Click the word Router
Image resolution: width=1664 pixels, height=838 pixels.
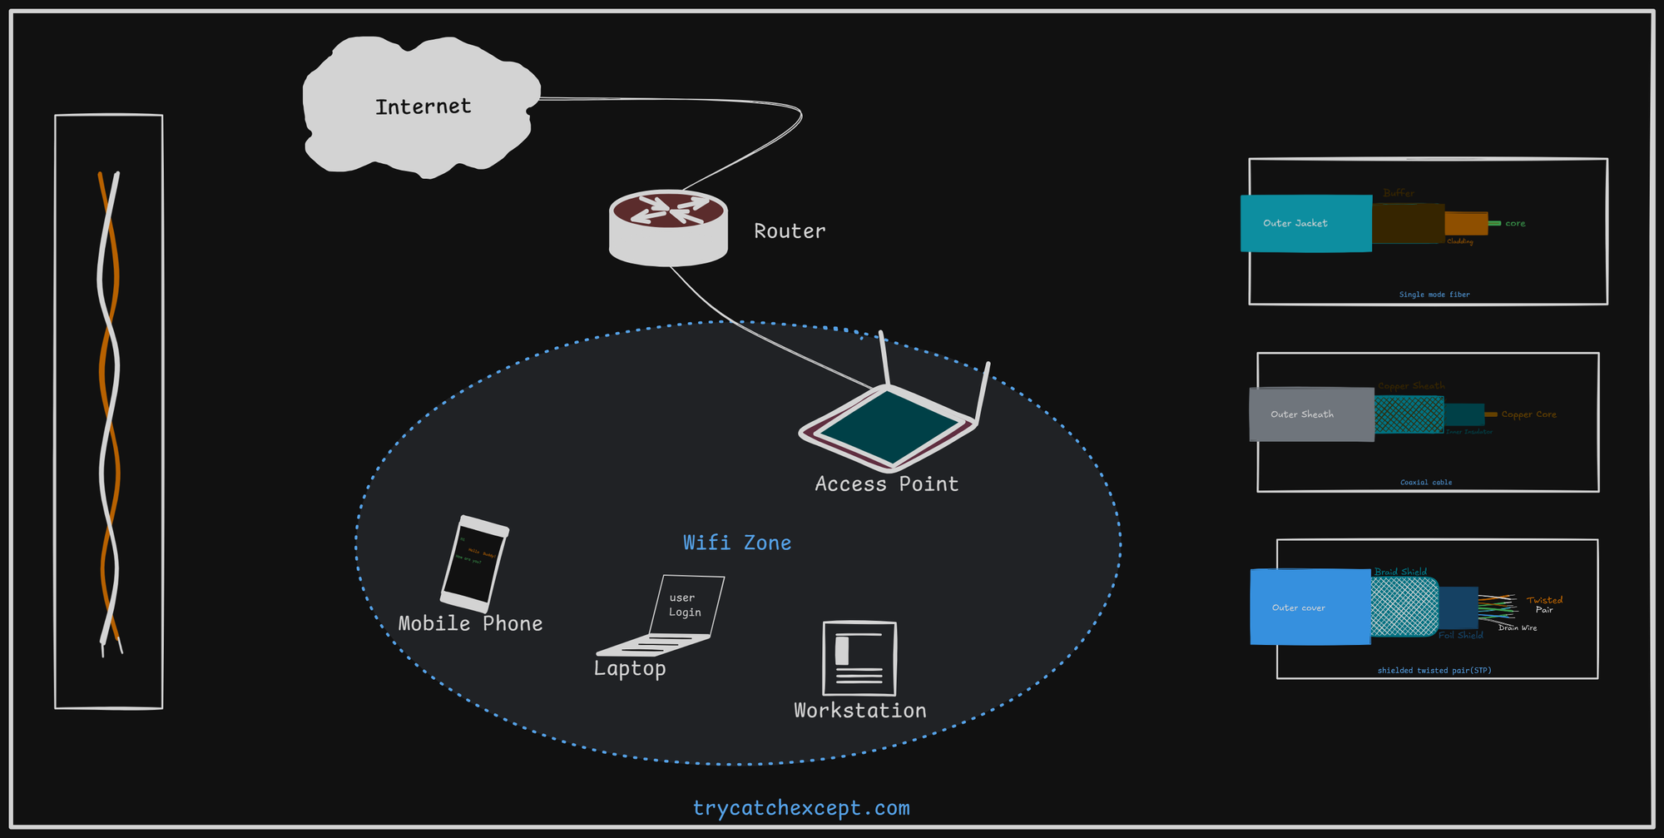tap(790, 231)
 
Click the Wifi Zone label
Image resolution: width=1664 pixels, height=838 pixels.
tap(737, 543)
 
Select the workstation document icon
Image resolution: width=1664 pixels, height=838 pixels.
tap(859, 658)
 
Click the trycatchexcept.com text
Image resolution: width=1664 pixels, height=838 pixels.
tap(801, 808)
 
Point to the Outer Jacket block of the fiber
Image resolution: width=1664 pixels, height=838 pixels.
tap(1305, 223)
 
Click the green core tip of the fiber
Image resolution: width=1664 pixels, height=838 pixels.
tap(1494, 223)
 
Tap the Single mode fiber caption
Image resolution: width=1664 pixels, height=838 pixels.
tap(1434, 295)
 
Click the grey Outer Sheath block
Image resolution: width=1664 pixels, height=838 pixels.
tap(1310, 414)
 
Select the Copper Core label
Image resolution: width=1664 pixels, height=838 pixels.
tap(1528, 414)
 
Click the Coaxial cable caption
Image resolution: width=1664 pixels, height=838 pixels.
tap(1425, 482)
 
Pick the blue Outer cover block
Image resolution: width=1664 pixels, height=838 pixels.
tap(1309, 607)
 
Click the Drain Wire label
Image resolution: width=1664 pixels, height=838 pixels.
tap(1517, 627)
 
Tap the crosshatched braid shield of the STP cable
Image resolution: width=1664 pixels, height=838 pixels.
tap(1404, 607)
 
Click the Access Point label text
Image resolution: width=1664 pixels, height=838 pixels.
tap(886, 484)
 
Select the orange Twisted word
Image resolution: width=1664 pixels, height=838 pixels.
tap(1544, 600)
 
